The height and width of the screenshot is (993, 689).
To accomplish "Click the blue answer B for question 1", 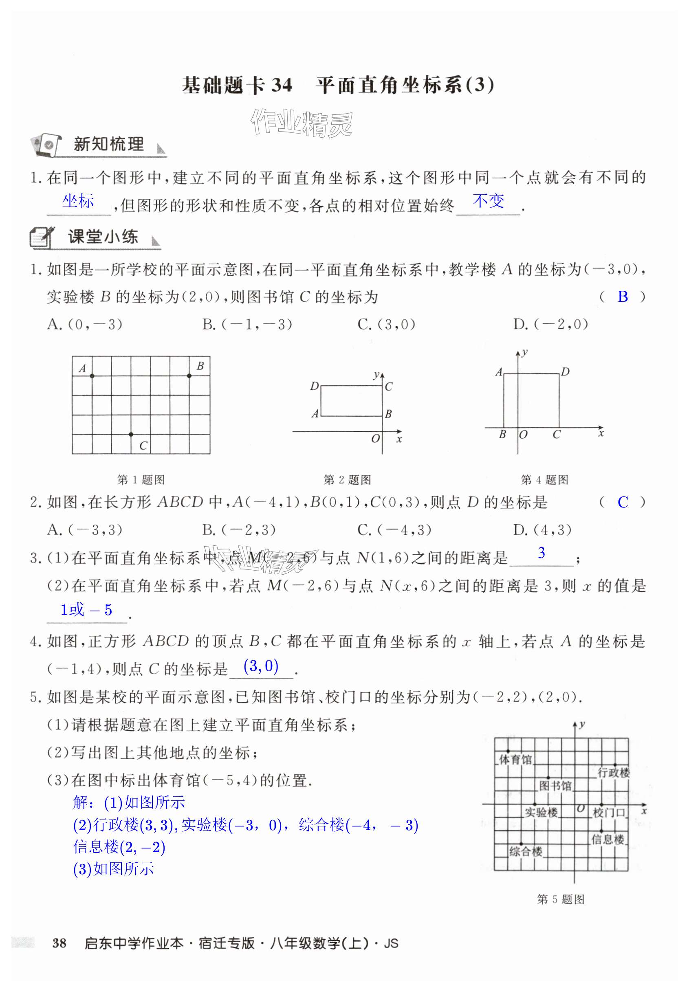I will [x=623, y=297].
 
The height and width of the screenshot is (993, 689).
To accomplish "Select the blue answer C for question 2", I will [x=623, y=502].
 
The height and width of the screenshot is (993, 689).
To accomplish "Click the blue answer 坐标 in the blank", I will [x=78, y=201].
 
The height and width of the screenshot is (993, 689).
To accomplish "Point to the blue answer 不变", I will [x=488, y=201].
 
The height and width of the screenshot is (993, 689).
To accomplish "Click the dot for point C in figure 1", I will [x=131, y=434].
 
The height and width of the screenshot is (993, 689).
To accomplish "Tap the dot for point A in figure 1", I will [x=92, y=376].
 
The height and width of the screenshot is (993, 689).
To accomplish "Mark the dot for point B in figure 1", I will [x=189, y=376].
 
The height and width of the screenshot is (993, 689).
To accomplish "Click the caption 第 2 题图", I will [x=347, y=479].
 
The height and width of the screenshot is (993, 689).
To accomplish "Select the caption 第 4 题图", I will [x=544, y=479].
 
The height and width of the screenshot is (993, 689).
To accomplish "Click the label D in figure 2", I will [x=314, y=386].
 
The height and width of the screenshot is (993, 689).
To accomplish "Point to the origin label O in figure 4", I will [x=523, y=435].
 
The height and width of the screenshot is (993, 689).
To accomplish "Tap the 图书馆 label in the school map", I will [x=555, y=785].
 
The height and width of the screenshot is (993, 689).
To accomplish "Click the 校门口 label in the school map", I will [x=609, y=813].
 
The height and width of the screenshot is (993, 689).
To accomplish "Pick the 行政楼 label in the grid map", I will [x=614, y=773].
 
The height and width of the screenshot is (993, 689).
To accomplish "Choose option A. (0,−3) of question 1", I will [x=85, y=324].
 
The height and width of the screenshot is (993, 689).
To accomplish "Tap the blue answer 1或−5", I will [x=86, y=610].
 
